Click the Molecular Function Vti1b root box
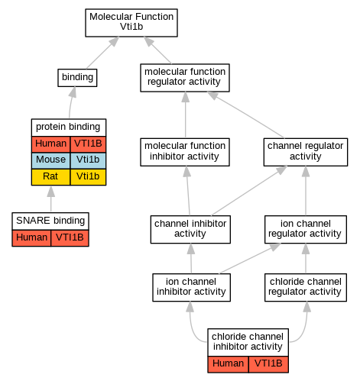click(131, 23)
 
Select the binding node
click(77, 78)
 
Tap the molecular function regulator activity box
click(185, 78)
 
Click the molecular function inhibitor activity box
click(185, 152)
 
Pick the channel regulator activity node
click(306, 152)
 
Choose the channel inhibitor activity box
click(190, 230)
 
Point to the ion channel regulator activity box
click(306, 230)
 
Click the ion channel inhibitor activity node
click(191, 288)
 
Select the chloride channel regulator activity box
click(306, 288)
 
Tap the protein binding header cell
click(69, 128)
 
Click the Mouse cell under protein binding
click(50, 160)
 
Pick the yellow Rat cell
click(50, 177)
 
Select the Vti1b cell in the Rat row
click(88, 177)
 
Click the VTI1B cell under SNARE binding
click(70, 238)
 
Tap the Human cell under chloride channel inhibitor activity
click(228, 364)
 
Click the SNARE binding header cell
click(50, 221)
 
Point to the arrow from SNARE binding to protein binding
click(51, 199)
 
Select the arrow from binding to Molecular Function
click(102, 53)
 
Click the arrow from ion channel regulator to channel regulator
click(306, 191)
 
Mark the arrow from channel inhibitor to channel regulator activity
click(249, 191)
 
